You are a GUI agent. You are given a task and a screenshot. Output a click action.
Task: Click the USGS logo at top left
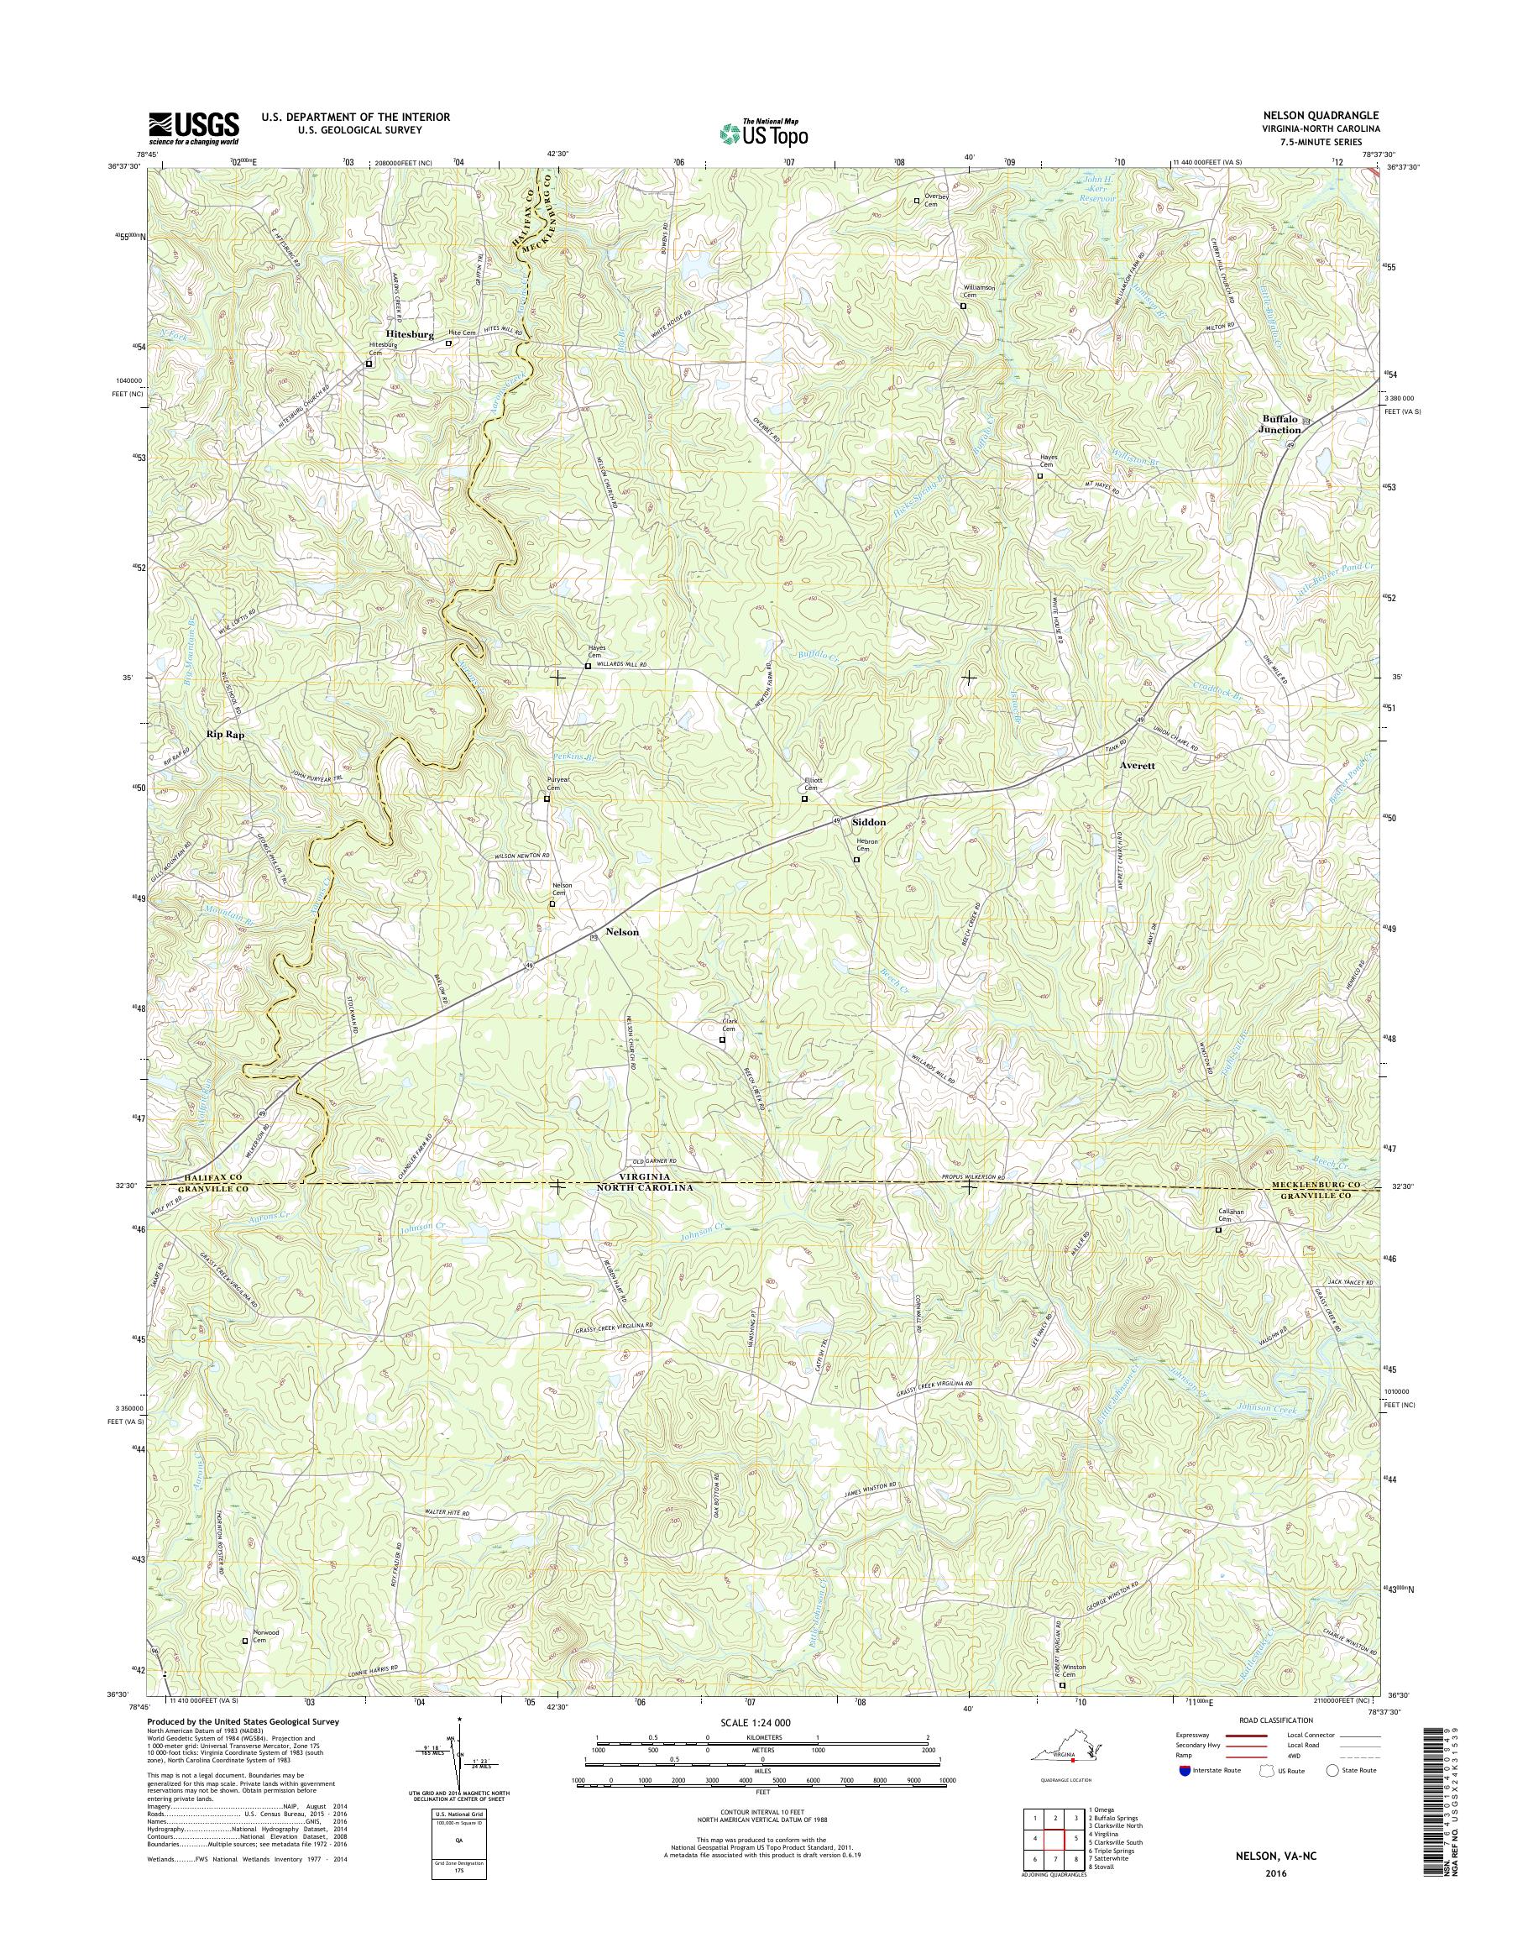pos(194,128)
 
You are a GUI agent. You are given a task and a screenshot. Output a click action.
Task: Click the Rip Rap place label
pos(226,733)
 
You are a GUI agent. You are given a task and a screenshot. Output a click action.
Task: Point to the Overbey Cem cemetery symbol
pos(916,202)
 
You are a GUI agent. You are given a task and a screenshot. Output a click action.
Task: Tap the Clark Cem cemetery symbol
pos(722,1039)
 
